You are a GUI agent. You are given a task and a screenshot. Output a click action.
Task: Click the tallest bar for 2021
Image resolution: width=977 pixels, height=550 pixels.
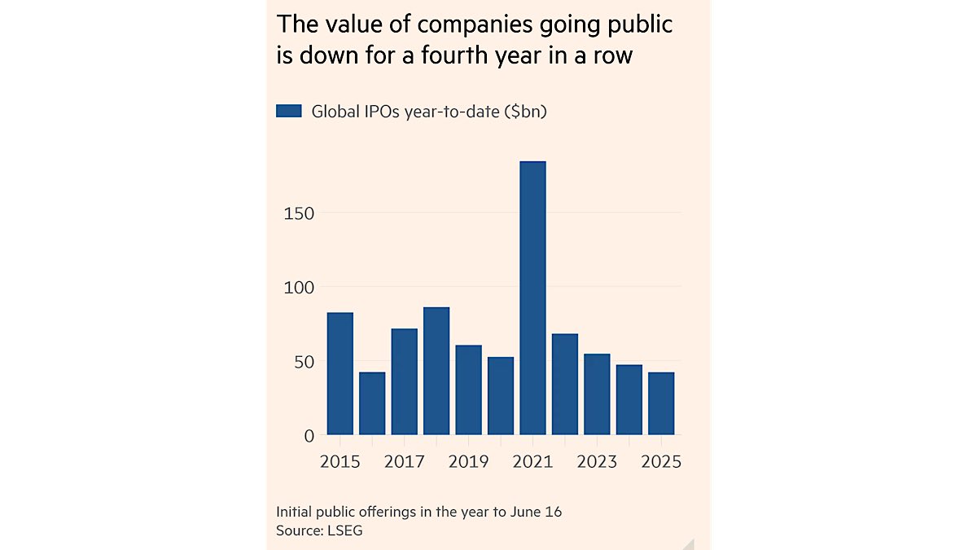pos(532,297)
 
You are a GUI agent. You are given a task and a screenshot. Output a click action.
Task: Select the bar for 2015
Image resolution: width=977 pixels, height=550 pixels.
pos(340,373)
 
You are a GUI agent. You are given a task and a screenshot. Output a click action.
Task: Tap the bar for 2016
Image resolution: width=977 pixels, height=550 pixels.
pos(372,403)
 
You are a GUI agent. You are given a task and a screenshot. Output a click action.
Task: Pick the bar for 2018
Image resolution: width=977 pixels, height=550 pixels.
pos(436,371)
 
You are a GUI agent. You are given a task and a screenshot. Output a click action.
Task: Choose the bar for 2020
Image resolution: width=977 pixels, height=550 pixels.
pos(501,396)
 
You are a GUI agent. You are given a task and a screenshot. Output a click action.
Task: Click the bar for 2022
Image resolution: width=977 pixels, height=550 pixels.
pos(564,384)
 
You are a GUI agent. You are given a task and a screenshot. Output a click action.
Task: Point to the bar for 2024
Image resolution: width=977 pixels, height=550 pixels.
pos(629,399)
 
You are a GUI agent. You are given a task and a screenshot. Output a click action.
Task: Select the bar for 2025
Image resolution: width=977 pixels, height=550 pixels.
pos(660,403)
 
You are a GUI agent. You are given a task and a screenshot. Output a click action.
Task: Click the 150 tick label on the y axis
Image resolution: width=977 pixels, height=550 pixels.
pos(298,213)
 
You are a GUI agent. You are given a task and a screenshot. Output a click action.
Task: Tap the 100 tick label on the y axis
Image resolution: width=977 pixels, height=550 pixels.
pos(298,288)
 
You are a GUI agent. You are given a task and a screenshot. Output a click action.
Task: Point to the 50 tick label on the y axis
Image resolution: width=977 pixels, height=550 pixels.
pos(302,362)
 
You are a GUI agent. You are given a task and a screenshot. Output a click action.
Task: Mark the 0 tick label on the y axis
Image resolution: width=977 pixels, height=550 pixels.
pos(309,436)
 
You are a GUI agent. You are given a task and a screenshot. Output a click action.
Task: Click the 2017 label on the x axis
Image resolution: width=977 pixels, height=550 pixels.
pos(405,462)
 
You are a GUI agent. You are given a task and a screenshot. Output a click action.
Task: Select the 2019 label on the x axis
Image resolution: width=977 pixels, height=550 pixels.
pos(468,462)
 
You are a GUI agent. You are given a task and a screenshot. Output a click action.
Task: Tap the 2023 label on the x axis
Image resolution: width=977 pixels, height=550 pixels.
pos(597,462)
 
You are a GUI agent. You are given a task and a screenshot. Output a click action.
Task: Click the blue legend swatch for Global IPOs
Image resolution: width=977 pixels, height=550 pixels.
pos(289,112)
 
